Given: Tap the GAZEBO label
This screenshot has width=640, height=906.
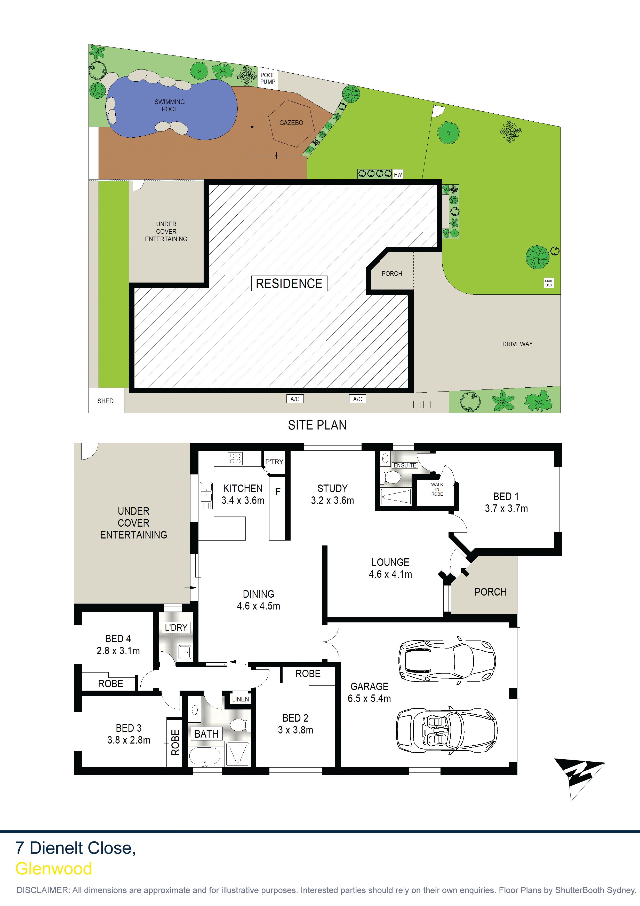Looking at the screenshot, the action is click(x=291, y=123).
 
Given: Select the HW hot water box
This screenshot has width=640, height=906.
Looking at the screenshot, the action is click(x=398, y=174).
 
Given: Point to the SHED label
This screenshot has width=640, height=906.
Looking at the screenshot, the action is click(x=105, y=401).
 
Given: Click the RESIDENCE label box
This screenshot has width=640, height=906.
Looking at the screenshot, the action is click(x=289, y=283).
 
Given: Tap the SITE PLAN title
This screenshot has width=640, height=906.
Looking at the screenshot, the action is click(x=317, y=425).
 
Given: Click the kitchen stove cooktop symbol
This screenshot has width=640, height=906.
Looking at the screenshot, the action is click(x=235, y=458).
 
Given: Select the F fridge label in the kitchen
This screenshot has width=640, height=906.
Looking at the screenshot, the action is click(x=278, y=492).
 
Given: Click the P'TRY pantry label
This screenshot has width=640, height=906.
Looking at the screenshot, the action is click(x=274, y=462).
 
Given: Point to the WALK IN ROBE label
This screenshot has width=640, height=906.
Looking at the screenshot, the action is click(x=437, y=489).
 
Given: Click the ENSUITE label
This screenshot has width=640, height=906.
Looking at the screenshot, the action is click(x=405, y=465).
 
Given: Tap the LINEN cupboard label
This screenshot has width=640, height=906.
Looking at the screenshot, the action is click(x=241, y=699).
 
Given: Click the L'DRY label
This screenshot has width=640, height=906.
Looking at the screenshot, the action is click(x=176, y=627).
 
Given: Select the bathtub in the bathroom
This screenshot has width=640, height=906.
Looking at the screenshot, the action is click(x=205, y=756).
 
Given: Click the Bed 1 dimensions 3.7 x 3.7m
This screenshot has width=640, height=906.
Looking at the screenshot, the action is click(x=506, y=509).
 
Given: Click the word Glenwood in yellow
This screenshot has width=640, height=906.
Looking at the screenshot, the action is click(x=54, y=869).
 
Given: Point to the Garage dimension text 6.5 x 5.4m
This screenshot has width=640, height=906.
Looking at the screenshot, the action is click(x=369, y=698).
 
